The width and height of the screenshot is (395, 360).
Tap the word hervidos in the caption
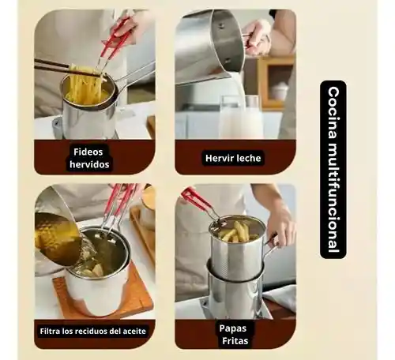[x=89, y=164]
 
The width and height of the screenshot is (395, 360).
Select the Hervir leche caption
[x=233, y=158]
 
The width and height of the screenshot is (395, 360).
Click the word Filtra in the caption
[x=50, y=331]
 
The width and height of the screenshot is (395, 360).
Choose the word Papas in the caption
[x=233, y=328]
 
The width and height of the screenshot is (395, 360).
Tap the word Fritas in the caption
[x=235, y=341]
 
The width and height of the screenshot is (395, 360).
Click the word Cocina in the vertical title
[x=333, y=112]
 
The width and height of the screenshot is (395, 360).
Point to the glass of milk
[x=240, y=117]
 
